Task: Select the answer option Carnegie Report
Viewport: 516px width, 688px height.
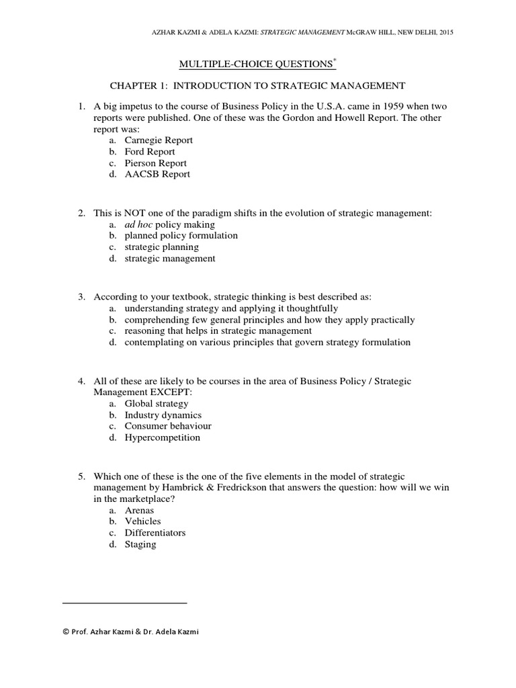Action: pyautogui.click(x=159, y=140)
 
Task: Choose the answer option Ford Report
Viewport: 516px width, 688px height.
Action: pyautogui.click(x=150, y=152)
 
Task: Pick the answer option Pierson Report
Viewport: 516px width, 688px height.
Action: pyautogui.click(x=155, y=163)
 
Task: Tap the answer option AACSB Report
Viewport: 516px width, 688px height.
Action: pyautogui.click(x=157, y=174)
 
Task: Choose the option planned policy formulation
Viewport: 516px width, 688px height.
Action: pyautogui.click(x=181, y=236)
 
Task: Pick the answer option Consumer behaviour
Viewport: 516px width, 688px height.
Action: pyautogui.click(x=168, y=426)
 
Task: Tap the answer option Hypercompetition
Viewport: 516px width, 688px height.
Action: pyautogui.click(x=162, y=437)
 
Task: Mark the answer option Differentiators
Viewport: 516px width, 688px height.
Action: pyautogui.click(x=155, y=533)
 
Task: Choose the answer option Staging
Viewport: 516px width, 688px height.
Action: pyautogui.click(x=140, y=544)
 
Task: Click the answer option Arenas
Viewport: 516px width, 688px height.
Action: pyautogui.click(x=139, y=511)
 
